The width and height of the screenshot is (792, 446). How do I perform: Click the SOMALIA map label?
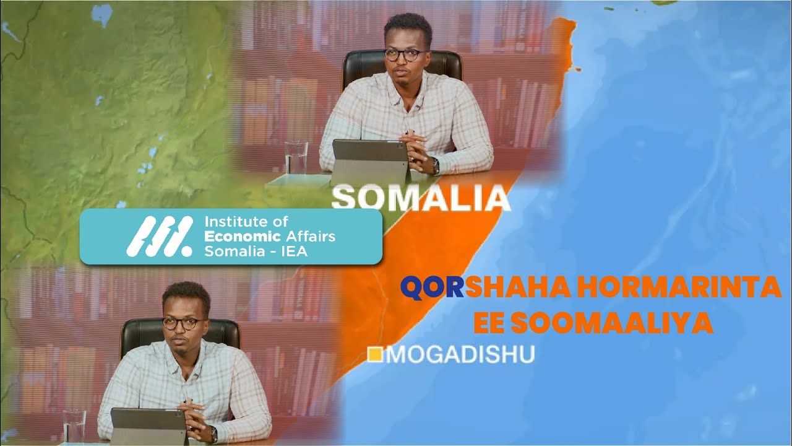tap(421, 198)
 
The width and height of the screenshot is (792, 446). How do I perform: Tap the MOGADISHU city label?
tap(461, 355)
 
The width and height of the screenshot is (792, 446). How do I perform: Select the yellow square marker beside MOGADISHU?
tap(374, 355)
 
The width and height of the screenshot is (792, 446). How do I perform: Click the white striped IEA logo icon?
tap(159, 237)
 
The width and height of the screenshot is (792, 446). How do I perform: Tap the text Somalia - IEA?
tap(255, 251)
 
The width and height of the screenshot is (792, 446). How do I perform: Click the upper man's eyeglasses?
tap(405, 55)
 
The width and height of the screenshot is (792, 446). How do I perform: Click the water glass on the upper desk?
tap(296, 157)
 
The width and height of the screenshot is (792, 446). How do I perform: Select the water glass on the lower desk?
tap(74, 426)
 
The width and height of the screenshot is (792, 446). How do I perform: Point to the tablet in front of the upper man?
tap(369, 159)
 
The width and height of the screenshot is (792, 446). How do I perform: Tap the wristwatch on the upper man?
tap(436, 165)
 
